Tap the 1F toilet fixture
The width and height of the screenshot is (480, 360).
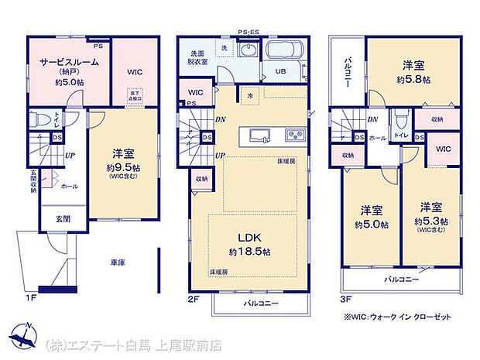click(39, 122)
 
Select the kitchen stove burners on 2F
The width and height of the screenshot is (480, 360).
click(296, 135)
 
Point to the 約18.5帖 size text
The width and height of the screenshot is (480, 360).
click(249, 252)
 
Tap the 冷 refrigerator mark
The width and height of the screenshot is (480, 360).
click(249, 96)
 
